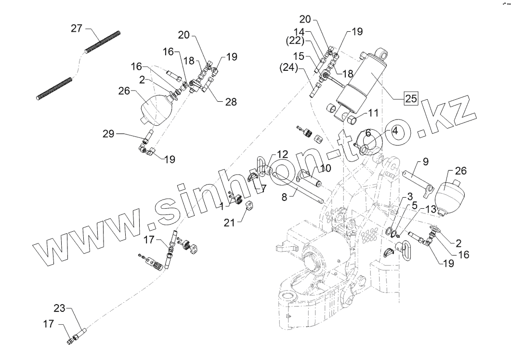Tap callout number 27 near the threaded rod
click(x=77, y=29)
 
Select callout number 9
click(x=425, y=161)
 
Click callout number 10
click(x=326, y=168)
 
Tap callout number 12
click(x=282, y=154)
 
